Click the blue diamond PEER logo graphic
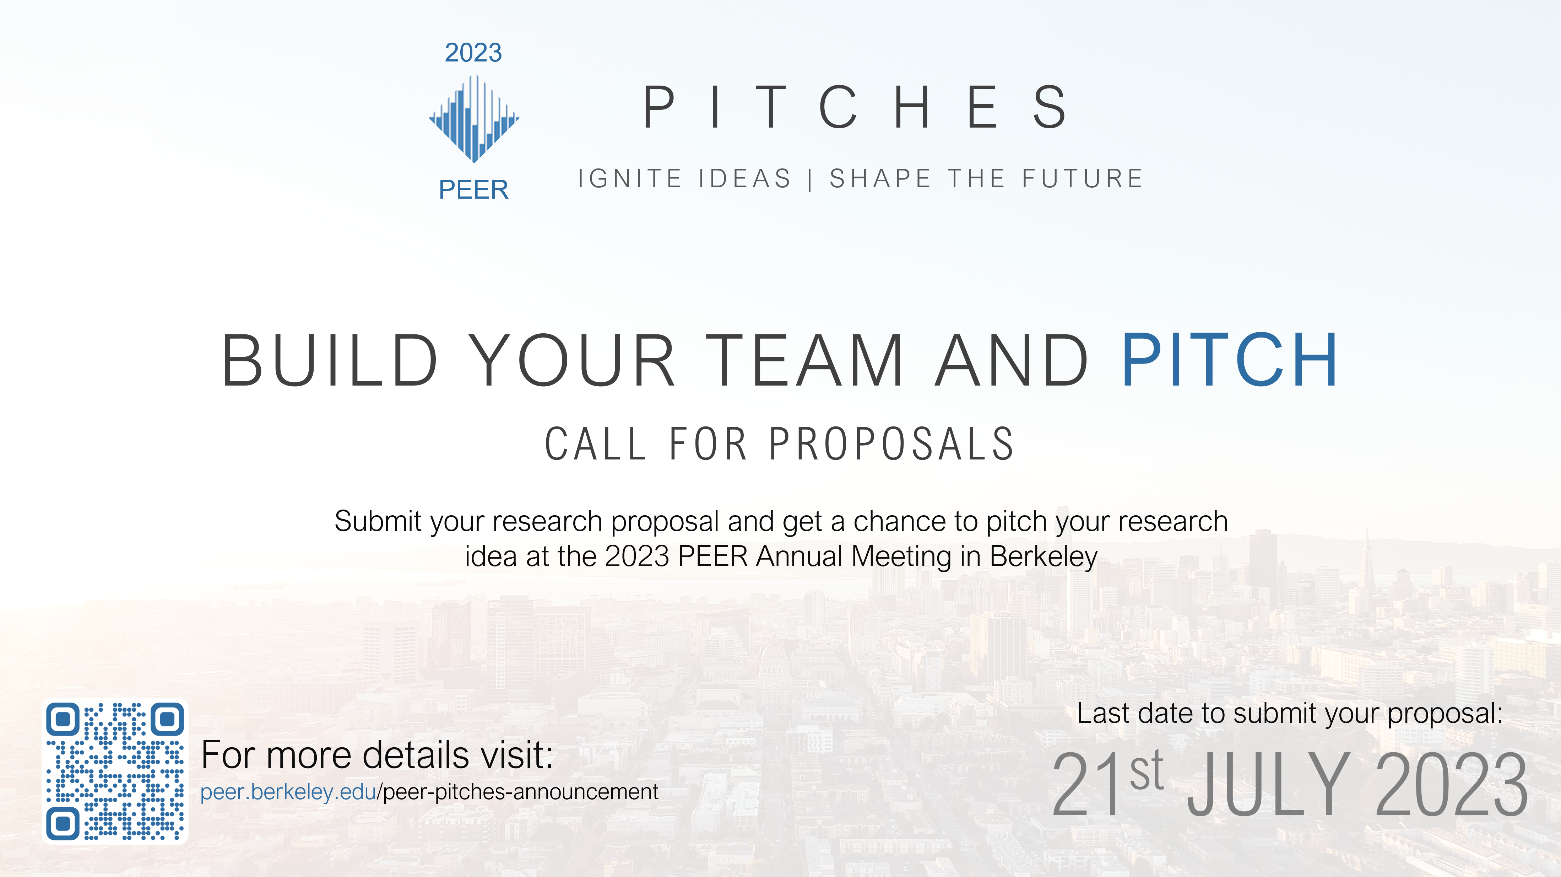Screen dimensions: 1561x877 474,119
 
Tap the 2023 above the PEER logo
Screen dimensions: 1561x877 473,53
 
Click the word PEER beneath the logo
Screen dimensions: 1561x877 473,190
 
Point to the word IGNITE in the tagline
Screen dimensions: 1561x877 630,179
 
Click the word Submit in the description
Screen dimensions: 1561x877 378,521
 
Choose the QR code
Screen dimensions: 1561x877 114,771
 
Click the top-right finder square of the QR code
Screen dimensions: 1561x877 167,720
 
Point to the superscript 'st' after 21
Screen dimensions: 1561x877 1147,770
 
